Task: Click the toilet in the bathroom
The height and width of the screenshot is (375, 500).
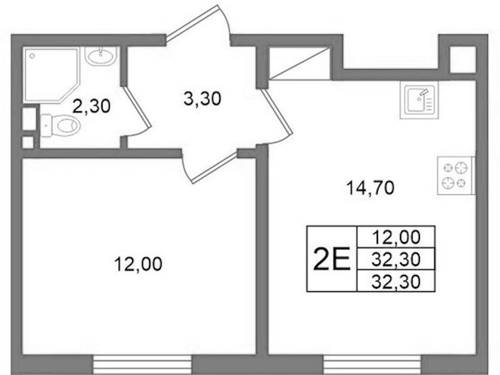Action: [x=60, y=125]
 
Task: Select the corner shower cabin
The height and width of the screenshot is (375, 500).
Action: [x=51, y=75]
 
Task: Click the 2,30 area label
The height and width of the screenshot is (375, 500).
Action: [x=92, y=106]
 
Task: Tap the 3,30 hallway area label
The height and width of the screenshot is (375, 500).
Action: [x=202, y=98]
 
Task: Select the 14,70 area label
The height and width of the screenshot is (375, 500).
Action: [x=370, y=188]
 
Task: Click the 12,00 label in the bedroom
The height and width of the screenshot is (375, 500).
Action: [x=138, y=264]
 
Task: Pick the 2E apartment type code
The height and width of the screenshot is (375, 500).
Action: [x=332, y=258]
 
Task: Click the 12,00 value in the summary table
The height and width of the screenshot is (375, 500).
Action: [x=396, y=237]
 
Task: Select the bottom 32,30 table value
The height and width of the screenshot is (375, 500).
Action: [x=396, y=282]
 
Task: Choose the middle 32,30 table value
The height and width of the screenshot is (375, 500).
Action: [x=396, y=259]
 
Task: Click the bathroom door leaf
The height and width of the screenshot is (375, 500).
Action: [x=137, y=107]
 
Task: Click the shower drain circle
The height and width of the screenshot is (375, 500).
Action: [x=32, y=56]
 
